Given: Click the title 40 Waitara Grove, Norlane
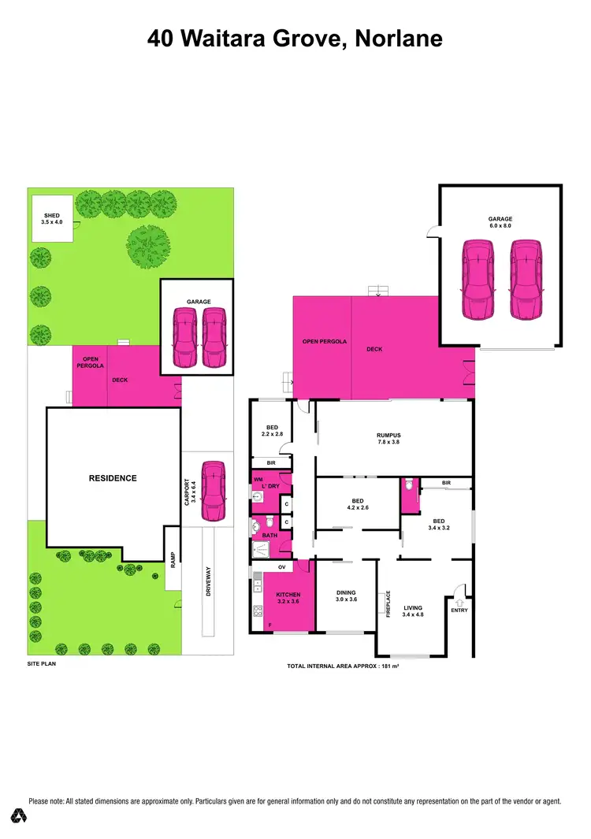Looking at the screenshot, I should [295, 39].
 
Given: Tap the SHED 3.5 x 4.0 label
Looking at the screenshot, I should [51, 219].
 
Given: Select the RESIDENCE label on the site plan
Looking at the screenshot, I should [112, 478].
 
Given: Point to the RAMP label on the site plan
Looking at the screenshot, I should [173, 559].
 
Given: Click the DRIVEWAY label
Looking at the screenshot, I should [208, 581].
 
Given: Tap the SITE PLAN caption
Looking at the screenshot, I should [42, 664].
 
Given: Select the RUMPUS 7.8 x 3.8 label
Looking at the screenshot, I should [388, 439].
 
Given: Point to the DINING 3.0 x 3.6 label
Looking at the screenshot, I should [346, 596].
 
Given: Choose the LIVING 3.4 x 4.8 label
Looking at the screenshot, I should [413, 611].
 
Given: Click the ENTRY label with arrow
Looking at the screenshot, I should [459, 604].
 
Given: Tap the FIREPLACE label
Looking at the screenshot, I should [388, 603].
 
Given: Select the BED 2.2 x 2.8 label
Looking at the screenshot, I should [272, 430].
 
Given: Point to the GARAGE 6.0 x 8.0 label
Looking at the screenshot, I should [500, 222].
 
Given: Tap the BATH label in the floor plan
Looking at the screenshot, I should [269, 536].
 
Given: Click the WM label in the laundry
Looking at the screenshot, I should [258, 479].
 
